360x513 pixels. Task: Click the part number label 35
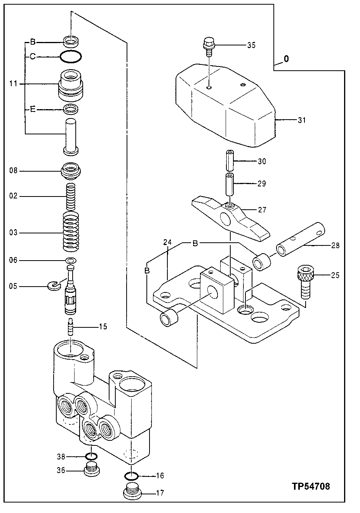[251, 45]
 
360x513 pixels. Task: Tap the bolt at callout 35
[209, 46]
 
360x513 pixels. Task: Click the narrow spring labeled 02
[71, 197]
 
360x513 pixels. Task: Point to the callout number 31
[302, 120]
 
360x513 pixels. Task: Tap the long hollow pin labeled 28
[299, 241]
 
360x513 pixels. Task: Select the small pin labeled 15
[71, 326]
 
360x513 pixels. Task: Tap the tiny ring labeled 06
[71, 260]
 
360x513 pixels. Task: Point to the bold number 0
[286, 59]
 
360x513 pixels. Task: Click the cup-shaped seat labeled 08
[71, 170]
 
